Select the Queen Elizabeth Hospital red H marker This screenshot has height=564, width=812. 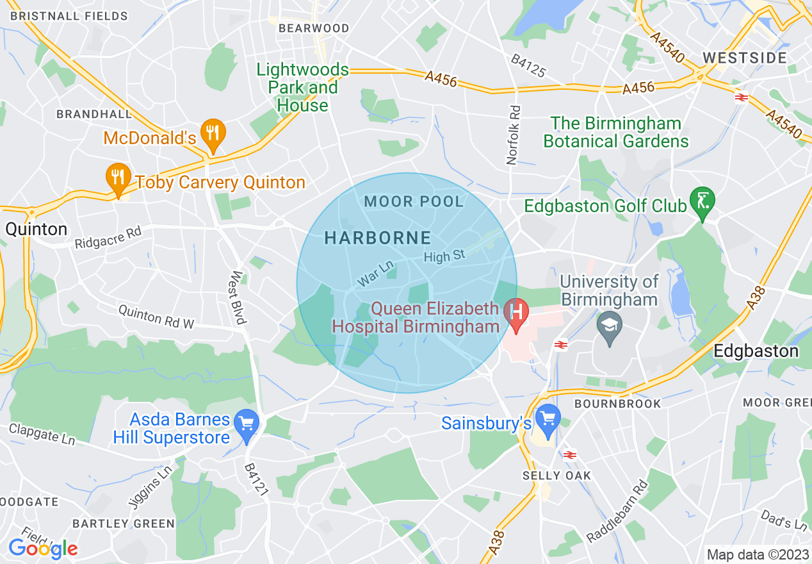point(516,312)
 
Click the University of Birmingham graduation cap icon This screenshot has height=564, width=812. point(609,324)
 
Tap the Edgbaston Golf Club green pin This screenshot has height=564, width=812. point(702,201)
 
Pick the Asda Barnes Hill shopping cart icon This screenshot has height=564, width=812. point(247,423)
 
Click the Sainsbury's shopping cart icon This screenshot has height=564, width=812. point(547,417)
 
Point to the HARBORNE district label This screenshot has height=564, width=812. point(378,238)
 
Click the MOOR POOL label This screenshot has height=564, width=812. point(414,201)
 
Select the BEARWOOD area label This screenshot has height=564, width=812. point(314,28)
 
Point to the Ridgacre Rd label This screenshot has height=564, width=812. point(108,237)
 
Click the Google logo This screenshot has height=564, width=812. point(42,548)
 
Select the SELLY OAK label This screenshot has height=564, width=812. point(556,476)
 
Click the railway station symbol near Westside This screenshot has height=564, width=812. point(742,97)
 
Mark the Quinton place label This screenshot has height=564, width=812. point(36,229)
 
